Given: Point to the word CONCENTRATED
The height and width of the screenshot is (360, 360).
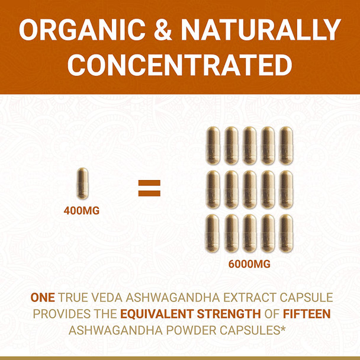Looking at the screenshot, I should (179, 65).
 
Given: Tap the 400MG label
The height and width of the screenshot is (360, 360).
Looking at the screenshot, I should (83, 209).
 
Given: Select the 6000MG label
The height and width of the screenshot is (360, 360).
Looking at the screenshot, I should (249, 263).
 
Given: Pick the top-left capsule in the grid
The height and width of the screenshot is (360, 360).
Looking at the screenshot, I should (213, 146).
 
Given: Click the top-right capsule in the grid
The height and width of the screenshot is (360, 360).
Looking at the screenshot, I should (286, 146).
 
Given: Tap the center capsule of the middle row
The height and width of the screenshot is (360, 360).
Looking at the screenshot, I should (249, 189).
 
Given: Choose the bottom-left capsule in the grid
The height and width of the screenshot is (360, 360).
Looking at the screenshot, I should (213, 233).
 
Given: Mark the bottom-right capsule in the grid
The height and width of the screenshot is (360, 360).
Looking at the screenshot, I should (286, 233).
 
